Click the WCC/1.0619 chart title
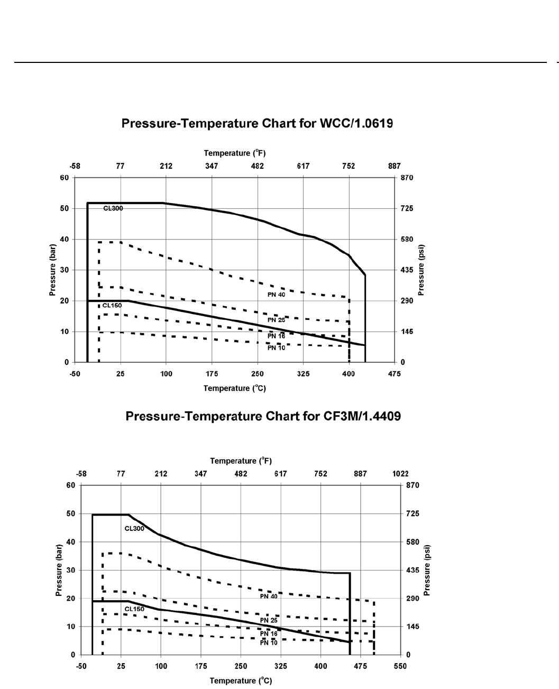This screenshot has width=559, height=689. (x=258, y=124)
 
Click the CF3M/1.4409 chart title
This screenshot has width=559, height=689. (x=263, y=417)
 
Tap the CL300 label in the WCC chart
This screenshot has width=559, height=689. (x=113, y=208)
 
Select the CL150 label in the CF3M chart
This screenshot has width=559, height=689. (x=134, y=609)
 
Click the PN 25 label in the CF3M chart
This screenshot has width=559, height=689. (x=269, y=620)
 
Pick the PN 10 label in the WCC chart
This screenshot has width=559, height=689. (x=276, y=348)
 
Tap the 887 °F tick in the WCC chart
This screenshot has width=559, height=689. (x=394, y=166)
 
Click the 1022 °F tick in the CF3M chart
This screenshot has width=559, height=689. (x=400, y=474)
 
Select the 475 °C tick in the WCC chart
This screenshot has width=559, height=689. (x=394, y=374)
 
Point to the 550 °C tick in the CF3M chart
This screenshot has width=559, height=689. (x=400, y=666)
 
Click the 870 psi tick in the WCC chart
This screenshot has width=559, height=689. (x=407, y=178)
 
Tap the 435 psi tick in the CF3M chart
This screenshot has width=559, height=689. (x=412, y=570)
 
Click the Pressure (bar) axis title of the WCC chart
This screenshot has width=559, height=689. (x=53, y=270)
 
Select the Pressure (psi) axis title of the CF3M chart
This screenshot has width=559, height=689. (x=427, y=571)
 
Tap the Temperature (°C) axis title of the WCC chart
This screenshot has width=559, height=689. (x=235, y=388)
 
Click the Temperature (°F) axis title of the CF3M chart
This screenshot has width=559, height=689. (x=241, y=461)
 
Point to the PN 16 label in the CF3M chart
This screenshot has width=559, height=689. (x=269, y=633)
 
